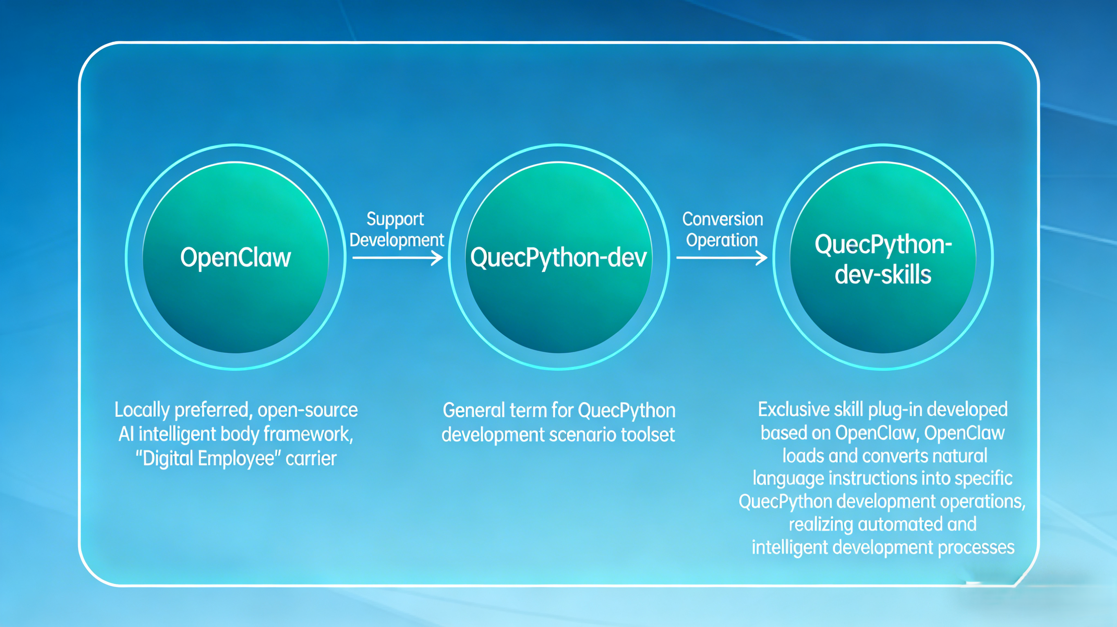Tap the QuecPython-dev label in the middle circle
point(558,258)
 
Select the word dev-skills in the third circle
point(883,275)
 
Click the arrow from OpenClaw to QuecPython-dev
point(398,258)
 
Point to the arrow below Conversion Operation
point(722,258)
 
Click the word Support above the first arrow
point(395,219)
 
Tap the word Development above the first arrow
point(397,240)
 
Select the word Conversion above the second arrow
point(722,219)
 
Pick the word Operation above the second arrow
point(722,240)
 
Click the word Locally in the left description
point(142,410)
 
